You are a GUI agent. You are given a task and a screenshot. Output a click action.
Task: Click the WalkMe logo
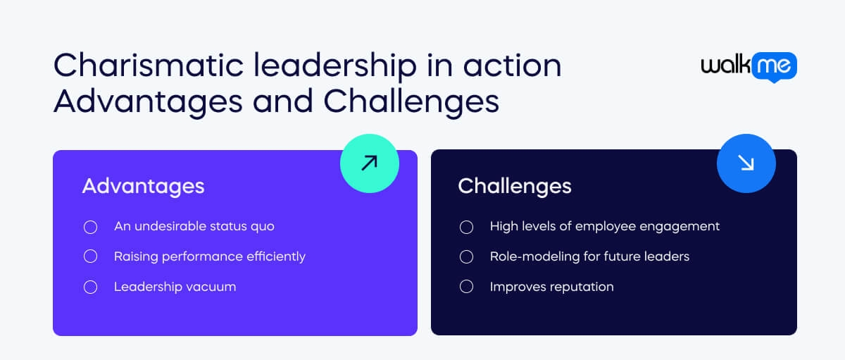point(749,66)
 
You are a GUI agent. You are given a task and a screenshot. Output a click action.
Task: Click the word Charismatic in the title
point(130,66)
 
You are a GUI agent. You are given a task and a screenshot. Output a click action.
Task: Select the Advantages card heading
point(143,186)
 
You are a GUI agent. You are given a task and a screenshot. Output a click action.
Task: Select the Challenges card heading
point(514,186)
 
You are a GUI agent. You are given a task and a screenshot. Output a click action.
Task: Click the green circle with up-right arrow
point(370,163)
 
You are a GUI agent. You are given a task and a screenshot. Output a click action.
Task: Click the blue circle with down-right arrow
point(746,163)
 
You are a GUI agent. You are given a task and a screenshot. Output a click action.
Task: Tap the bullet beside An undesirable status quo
point(90,227)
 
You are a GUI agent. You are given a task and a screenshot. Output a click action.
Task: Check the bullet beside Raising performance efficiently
point(90,256)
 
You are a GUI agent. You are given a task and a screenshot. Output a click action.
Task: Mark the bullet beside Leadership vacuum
point(90,287)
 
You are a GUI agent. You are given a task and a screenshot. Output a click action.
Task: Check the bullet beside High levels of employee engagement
point(466,227)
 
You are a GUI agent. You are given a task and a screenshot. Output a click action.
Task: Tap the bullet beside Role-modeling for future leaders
point(466,256)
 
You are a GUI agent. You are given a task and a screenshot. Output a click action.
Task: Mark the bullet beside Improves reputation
point(466,287)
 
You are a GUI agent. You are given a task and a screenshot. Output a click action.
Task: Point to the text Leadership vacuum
point(175,287)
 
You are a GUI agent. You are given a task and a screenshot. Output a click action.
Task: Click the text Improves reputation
point(551,287)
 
